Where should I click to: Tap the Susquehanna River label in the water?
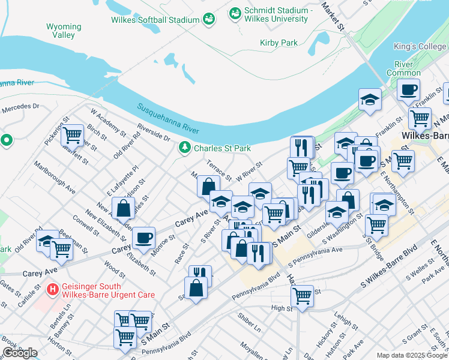[168, 119]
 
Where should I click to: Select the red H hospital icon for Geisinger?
[53, 289]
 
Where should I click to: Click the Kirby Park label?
[279, 43]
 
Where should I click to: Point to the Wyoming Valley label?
[64, 31]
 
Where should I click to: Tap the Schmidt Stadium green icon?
[235, 12]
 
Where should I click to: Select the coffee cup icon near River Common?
[409, 90]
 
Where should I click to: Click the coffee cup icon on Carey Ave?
[143, 238]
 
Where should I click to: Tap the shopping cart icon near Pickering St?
[72, 136]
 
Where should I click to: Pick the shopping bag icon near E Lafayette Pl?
[123, 209]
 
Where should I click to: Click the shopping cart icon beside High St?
[302, 295]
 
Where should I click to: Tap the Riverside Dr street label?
[153, 131]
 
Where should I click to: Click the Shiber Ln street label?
[249, 329]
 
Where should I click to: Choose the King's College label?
[420, 46]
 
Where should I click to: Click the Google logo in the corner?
[20, 353]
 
